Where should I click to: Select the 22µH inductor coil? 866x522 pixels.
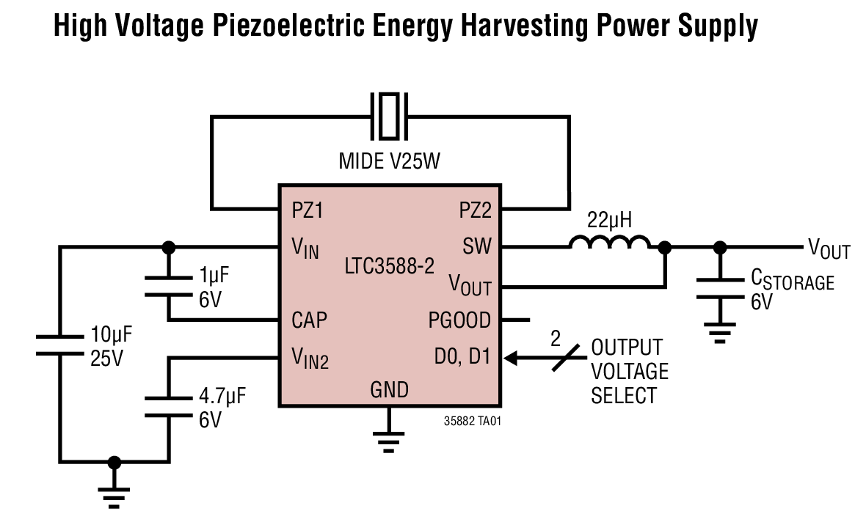[610, 243]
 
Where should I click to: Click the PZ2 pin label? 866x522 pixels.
[475, 210]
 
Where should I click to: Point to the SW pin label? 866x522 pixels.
[477, 246]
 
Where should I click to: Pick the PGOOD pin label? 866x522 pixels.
[460, 320]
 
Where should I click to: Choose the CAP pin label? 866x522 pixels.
[309, 320]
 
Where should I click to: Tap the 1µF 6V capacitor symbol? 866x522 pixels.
[169, 287]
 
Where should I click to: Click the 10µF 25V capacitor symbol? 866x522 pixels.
[60, 345]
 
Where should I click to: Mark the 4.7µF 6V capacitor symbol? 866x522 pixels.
[169, 406]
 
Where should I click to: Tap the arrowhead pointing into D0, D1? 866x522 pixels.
[512, 358]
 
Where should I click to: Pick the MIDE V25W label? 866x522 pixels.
[389, 161]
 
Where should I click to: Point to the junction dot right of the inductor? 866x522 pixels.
[665, 248]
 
